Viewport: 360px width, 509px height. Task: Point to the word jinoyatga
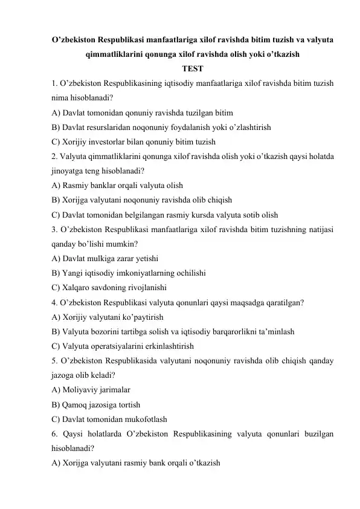(x=69, y=170)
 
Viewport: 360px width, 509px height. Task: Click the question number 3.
(x=54, y=229)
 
